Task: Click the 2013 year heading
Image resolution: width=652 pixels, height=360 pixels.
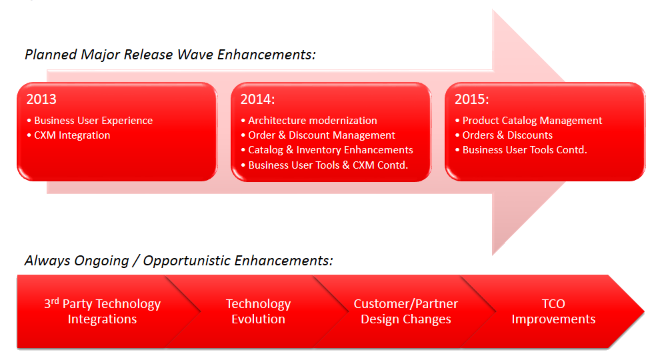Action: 41,99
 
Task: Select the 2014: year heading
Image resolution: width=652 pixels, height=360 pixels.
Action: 257,99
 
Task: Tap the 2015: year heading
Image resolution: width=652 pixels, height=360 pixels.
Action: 471,99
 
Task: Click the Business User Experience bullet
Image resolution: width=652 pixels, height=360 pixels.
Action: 90,121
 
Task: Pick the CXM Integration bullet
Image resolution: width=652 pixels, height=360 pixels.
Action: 69,135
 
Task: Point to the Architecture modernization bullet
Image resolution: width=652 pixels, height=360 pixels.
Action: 309,121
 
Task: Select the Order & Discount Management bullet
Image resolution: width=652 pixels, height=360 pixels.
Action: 318,135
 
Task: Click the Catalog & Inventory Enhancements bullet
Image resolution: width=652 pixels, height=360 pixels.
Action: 327,149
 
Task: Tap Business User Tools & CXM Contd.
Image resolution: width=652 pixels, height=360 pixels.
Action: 325,165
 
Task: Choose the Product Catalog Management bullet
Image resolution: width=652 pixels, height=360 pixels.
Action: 529,121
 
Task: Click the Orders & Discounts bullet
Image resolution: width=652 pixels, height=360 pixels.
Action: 504,135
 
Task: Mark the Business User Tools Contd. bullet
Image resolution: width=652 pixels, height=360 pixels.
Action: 521,149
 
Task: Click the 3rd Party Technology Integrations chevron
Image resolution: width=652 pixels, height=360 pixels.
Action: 102,311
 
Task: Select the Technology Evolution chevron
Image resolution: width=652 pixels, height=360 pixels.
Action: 258,311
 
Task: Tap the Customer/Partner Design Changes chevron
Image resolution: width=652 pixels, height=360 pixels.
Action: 406,311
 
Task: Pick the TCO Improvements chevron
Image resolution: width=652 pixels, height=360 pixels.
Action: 553,311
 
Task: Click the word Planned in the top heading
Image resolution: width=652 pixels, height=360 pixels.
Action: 51,55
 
